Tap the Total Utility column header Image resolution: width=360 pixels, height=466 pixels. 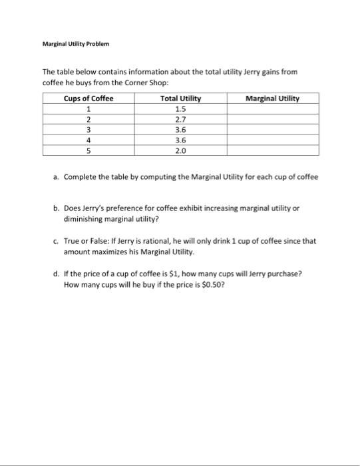click(180, 99)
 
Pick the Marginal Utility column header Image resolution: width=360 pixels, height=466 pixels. click(272, 99)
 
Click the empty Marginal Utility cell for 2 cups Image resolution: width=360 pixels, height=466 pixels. click(272, 120)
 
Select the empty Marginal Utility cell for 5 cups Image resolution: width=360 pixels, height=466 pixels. click(272, 151)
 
